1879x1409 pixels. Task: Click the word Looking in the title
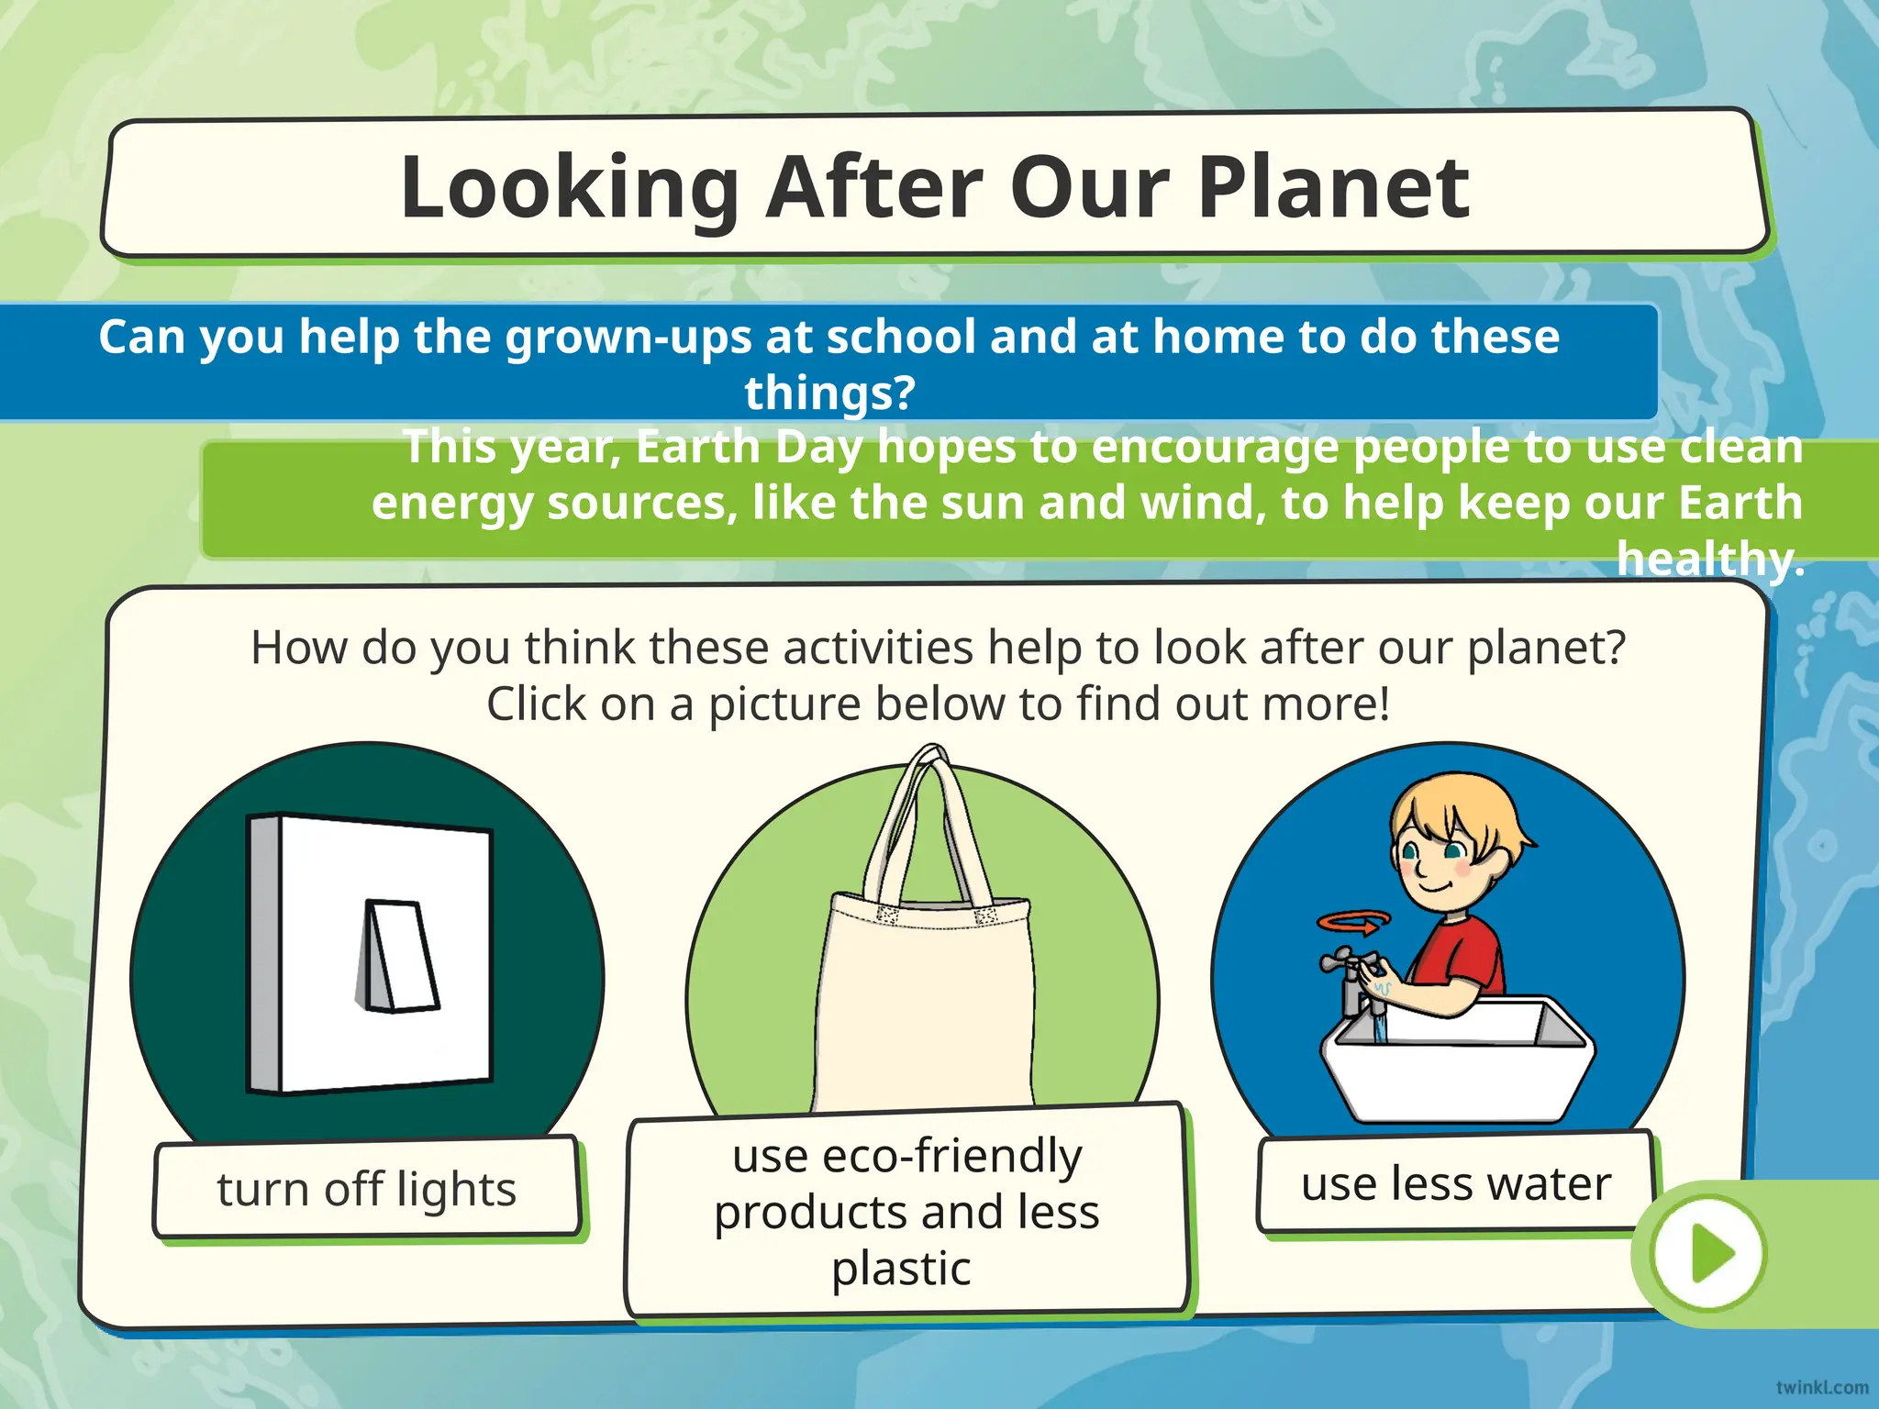[x=569, y=188]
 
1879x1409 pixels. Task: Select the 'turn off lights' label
[x=366, y=1189]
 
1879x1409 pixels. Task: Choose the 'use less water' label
[x=1456, y=1183]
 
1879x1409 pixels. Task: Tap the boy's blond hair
[x=1459, y=812]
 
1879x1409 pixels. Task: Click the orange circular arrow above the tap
[x=1353, y=922]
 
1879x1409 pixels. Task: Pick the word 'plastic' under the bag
[x=901, y=1269]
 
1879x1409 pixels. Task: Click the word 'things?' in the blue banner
[x=829, y=393]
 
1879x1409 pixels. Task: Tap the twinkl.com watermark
[x=1821, y=1388]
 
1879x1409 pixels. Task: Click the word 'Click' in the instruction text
[x=537, y=704]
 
